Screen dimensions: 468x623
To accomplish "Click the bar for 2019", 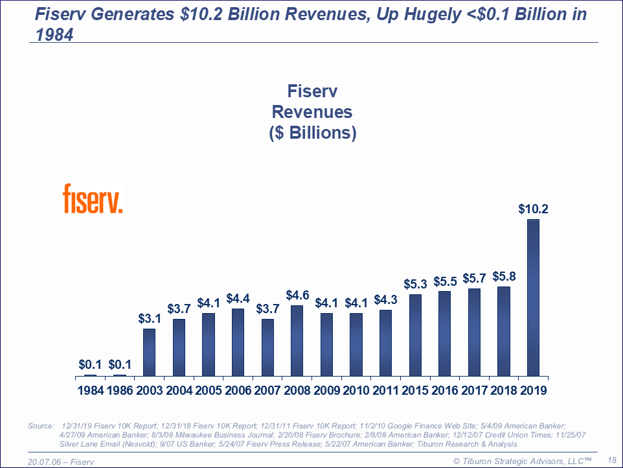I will coord(533,298).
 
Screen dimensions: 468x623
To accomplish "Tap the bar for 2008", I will coord(297,340).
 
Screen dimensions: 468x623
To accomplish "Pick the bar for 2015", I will coord(415,335).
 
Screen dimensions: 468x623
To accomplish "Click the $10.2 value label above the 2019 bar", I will coord(534,209).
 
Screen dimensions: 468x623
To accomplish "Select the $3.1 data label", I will coord(150,318).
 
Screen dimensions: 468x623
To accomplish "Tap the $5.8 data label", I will coord(503,275).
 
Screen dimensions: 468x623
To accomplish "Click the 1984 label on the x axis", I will coord(90,391).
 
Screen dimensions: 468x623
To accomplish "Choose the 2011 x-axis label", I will coord(385,391).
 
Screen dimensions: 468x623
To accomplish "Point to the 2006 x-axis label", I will coord(238,391).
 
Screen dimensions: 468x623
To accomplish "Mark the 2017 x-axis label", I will coord(474,391).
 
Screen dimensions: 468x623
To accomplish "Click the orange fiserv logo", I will coord(93,198).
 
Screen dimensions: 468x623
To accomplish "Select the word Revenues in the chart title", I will coord(312,111).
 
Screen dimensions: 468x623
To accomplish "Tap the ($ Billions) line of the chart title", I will coord(312,133).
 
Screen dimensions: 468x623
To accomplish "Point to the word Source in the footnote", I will coord(41,426).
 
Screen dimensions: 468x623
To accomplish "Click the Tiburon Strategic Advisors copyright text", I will coord(522,460).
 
